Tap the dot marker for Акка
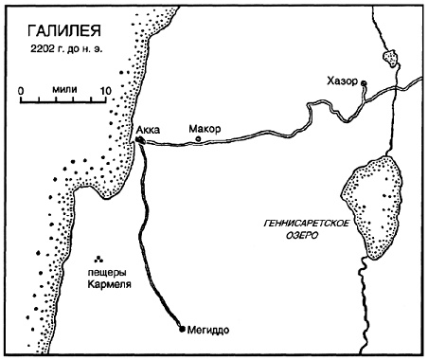(x=139, y=140)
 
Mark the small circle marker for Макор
(x=198, y=141)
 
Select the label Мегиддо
(x=210, y=330)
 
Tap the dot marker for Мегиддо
(x=183, y=330)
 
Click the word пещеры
(x=101, y=274)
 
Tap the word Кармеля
(x=103, y=286)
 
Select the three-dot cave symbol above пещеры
(x=99, y=258)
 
